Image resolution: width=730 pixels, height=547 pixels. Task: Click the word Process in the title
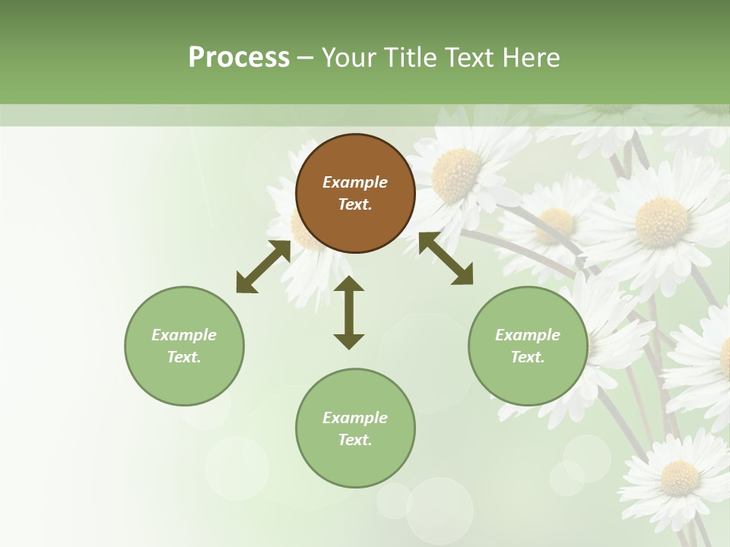click(239, 58)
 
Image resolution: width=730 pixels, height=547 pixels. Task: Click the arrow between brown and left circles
click(263, 267)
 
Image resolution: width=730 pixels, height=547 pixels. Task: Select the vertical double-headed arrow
click(349, 312)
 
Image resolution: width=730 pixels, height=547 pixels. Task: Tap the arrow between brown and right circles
click(446, 258)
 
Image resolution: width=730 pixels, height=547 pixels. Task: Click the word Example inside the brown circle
click(355, 182)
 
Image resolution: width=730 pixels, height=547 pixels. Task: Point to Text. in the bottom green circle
click(355, 440)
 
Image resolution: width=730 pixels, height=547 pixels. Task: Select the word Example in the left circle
click(184, 335)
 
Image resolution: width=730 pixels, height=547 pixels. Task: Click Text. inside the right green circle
click(528, 357)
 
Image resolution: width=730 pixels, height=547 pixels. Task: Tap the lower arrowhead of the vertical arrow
click(349, 340)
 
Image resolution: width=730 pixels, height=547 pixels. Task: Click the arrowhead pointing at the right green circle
click(462, 275)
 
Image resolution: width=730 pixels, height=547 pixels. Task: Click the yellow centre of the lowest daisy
click(679, 477)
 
